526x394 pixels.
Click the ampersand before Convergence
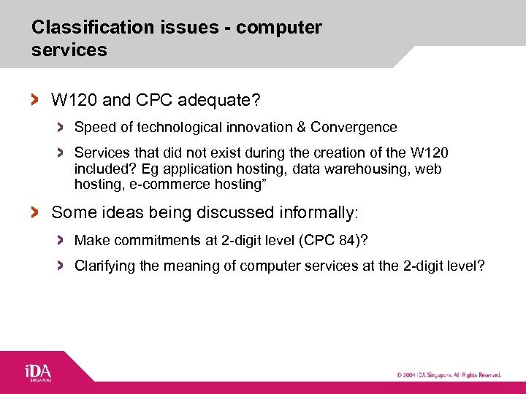(x=301, y=128)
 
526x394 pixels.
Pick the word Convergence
(x=354, y=128)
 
